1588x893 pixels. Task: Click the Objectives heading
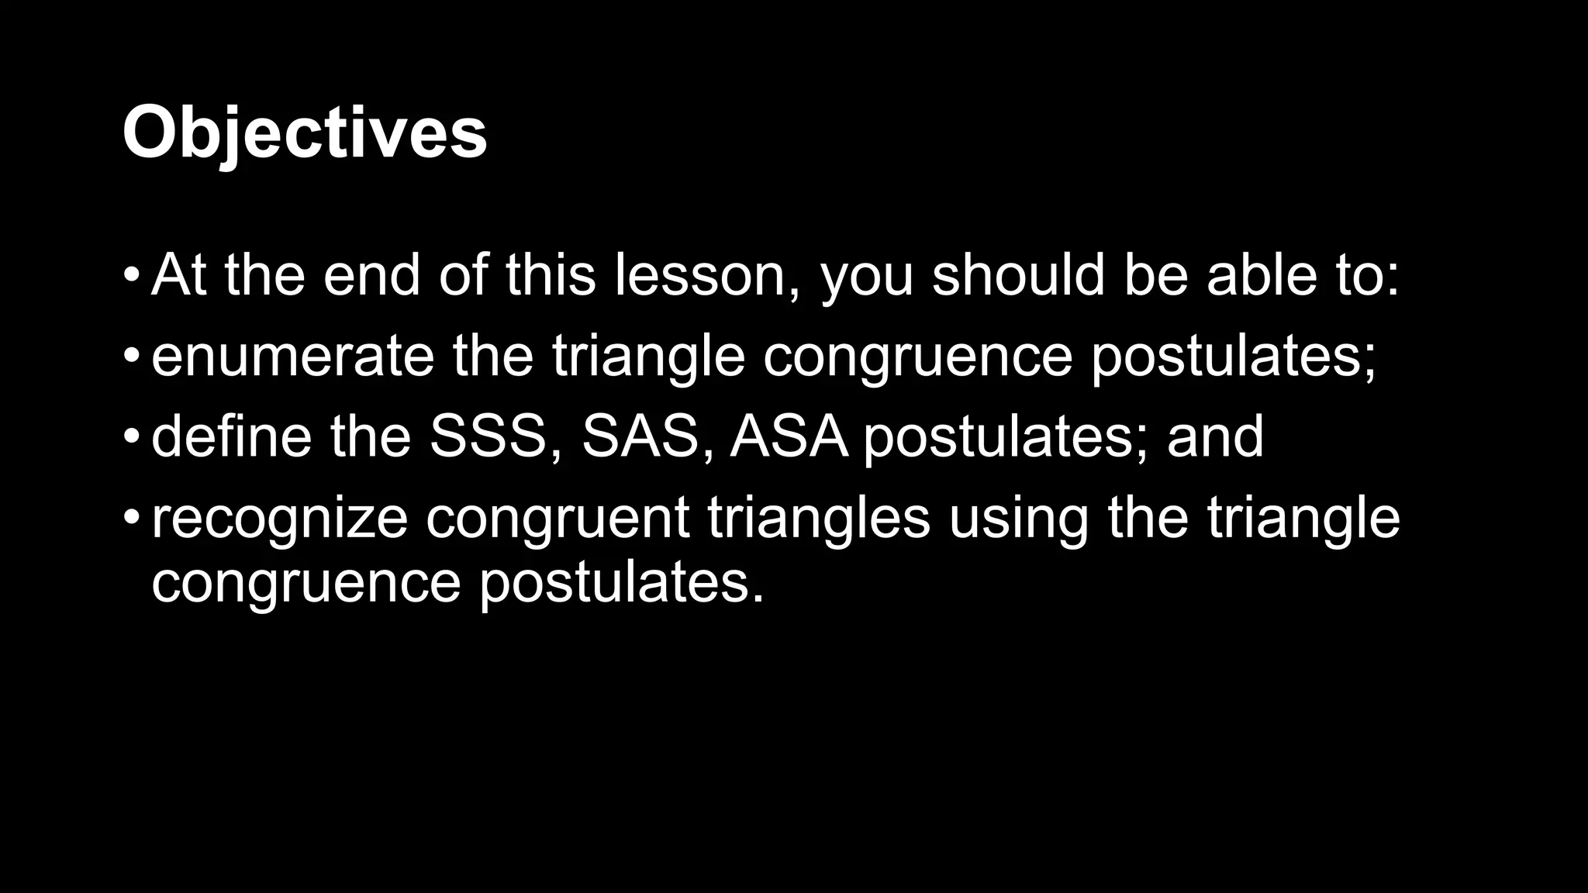click(x=304, y=133)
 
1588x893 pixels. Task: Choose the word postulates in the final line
click(x=620, y=583)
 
